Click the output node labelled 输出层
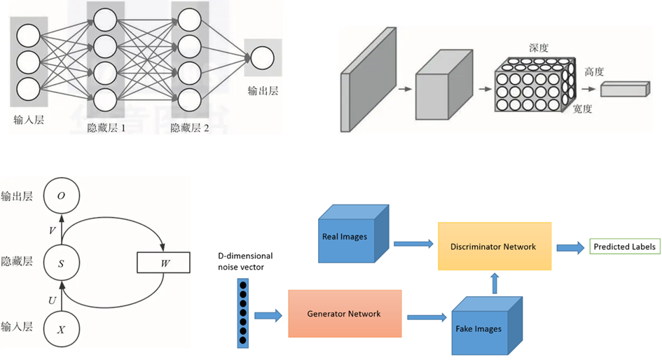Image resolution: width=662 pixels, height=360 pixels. pos(262,58)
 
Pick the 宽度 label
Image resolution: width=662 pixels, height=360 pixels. pos(582,109)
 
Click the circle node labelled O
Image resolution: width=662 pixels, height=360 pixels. pos(61,197)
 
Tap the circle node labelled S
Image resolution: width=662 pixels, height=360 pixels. pos(61,263)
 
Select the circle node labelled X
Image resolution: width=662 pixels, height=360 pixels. pos(61,328)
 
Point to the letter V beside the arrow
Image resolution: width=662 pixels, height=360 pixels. pos(51,230)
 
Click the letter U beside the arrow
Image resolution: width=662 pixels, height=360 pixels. pos(51,300)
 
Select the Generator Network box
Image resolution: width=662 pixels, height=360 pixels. pos(345,314)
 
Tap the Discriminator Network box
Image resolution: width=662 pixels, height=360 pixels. pos(495,247)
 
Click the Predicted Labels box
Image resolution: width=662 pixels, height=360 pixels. pos(624,247)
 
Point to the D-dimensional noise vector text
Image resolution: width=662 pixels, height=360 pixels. pos(245,261)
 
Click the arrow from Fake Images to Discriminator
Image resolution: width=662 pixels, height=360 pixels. pos(495,283)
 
